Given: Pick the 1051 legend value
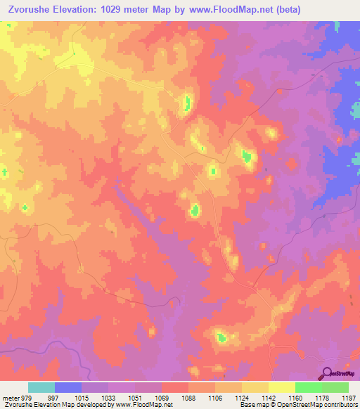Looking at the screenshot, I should (x=134, y=397).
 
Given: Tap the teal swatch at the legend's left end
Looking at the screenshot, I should (x=41, y=387).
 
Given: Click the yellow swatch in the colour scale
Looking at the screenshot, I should (x=281, y=387).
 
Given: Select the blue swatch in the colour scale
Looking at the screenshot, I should (x=68, y=387).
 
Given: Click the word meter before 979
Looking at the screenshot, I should (x=11, y=397).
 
